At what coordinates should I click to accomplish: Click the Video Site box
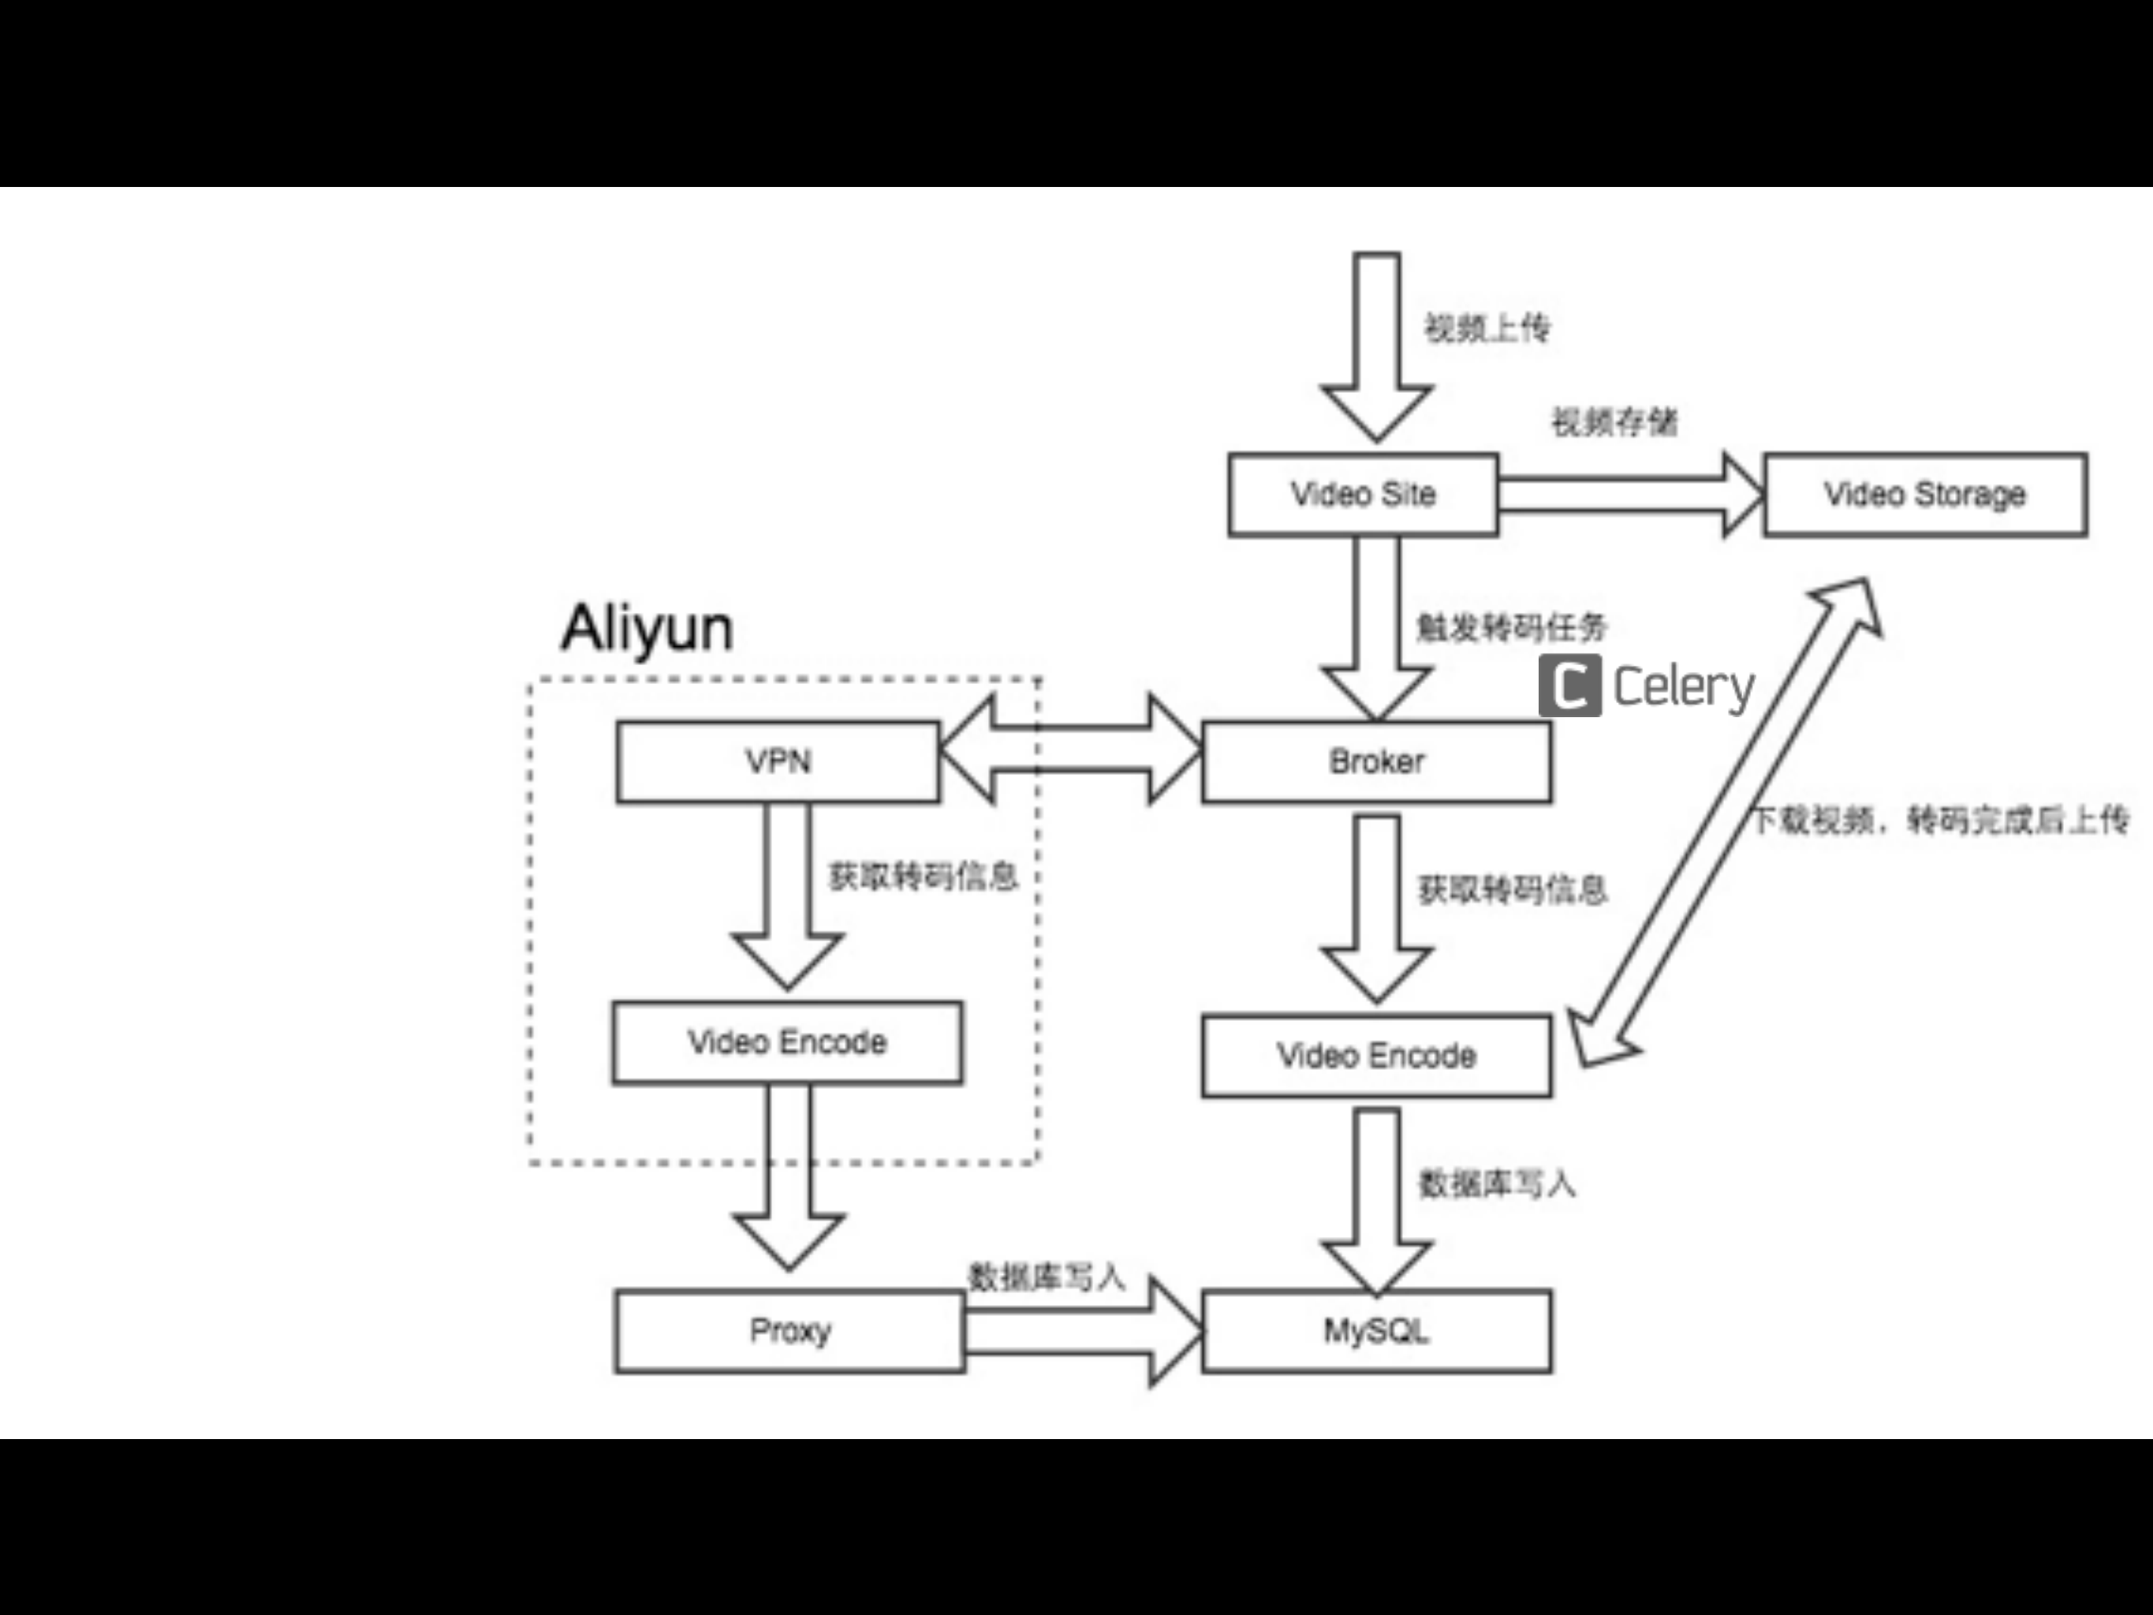[x=1363, y=495]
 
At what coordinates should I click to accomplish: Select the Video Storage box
[x=1925, y=495]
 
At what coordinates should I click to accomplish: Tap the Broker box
[x=1376, y=761]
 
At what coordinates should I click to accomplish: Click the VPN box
[x=778, y=761]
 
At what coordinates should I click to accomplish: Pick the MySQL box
[x=1376, y=1331]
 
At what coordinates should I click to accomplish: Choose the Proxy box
[x=789, y=1331]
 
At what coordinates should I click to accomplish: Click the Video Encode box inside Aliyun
[x=787, y=1042]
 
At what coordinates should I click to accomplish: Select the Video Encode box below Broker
[x=1376, y=1056]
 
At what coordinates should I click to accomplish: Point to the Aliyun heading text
[x=646, y=628]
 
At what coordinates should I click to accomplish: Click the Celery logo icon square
[x=1569, y=686]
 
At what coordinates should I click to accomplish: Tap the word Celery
[x=1684, y=687]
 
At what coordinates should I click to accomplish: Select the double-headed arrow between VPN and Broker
[x=1071, y=750]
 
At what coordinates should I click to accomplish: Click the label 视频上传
[x=1487, y=329]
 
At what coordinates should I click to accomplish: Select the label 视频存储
[x=1614, y=423]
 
